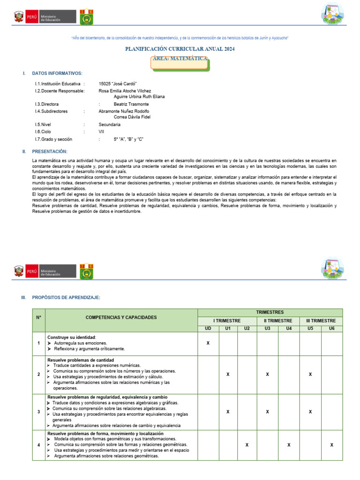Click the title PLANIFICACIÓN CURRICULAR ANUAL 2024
[x=180, y=49]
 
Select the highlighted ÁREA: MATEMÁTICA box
[x=180, y=59]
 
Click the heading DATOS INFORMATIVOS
[x=57, y=74]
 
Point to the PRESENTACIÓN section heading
[x=49, y=151]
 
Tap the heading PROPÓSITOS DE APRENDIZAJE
[x=66, y=298]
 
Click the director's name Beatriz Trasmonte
[x=131, y=104]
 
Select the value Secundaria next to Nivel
[x=109, y=125]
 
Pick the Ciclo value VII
[x=101, y=132]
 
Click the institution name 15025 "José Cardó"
[x=118, y=83]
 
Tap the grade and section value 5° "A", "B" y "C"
[x=128, y=139]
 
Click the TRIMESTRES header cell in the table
[x=270, y=312]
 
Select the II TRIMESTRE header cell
[x=278, y=321]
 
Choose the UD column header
[x=208, y=328]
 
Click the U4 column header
[x=289, y=328]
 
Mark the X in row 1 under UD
[x=208, y=343]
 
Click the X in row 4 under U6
[x=331, y=444]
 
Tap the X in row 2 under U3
[x=267, y=375]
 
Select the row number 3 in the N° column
[x=38, y=412]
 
